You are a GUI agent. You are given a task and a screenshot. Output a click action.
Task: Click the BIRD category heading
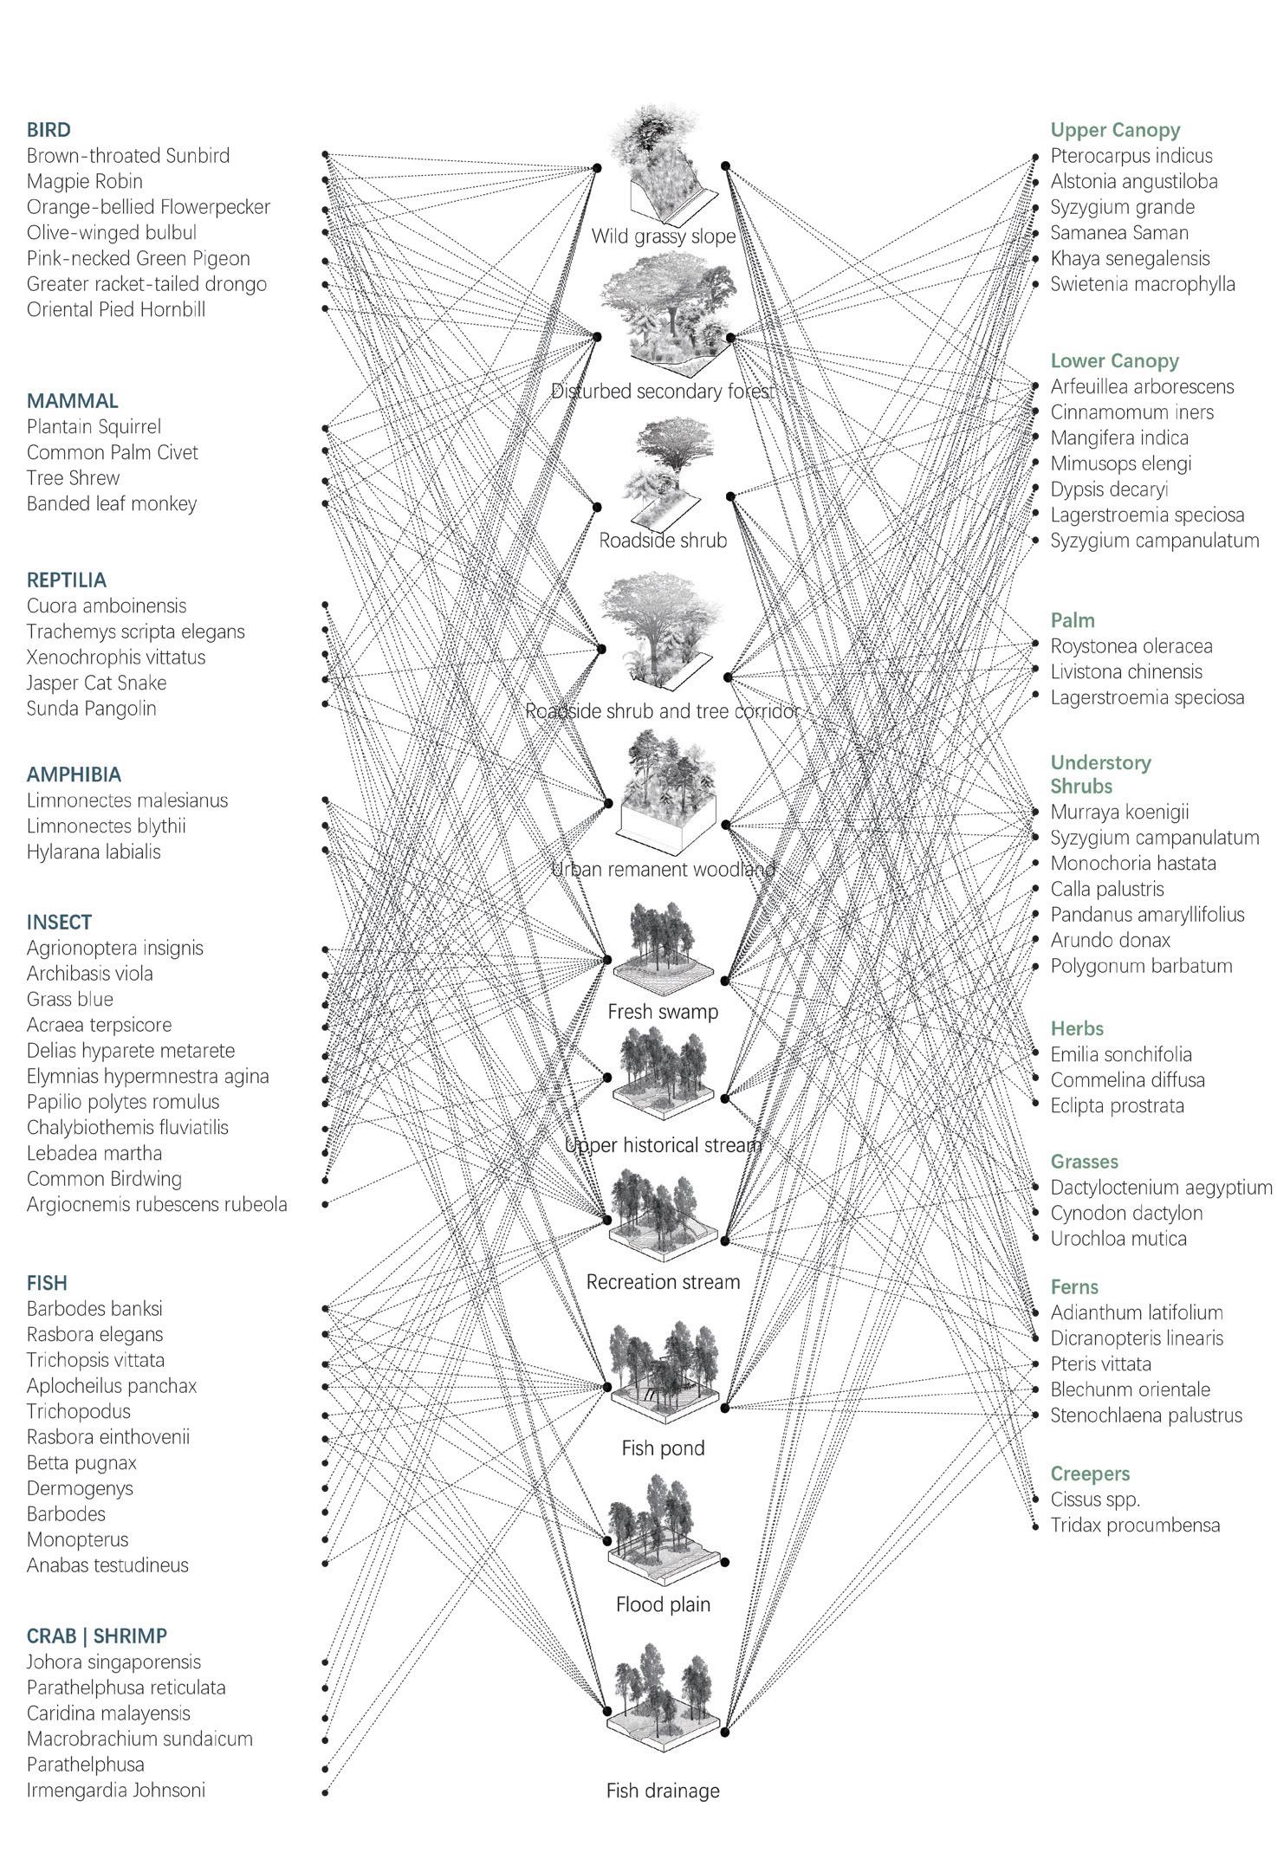49,130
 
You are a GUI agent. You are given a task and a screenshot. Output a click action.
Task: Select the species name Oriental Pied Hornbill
116,309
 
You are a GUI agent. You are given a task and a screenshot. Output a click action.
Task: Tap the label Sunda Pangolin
92,708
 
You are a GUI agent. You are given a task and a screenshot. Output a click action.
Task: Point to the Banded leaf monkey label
112,503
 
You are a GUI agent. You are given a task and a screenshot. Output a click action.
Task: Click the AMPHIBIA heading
74,774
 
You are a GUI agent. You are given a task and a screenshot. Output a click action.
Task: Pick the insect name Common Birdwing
104,1178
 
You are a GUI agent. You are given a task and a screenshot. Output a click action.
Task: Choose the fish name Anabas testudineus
107,1564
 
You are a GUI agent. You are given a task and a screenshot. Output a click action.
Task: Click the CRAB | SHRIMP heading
97,1636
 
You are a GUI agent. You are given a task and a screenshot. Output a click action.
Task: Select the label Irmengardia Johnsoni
116,1790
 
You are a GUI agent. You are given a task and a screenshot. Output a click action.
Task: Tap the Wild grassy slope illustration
662,165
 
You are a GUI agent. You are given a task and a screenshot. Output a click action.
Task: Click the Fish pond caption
663,1448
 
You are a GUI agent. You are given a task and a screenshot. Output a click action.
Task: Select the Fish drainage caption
663,1791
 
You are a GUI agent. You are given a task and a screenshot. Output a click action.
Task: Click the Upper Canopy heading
1115,130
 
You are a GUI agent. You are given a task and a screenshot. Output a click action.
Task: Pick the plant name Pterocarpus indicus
1131,156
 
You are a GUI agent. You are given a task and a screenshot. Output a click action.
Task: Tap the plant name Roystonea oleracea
1131,646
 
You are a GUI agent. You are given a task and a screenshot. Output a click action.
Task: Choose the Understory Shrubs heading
1100,774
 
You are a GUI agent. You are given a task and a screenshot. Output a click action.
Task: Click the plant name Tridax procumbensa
1135,1525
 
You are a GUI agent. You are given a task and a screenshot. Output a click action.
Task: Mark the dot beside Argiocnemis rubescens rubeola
326,1204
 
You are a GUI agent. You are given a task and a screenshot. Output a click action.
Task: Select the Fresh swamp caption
663,1011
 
